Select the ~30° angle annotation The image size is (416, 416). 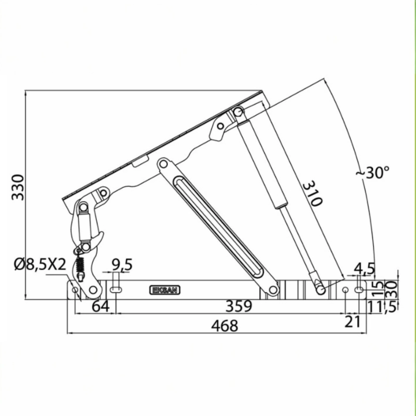click(x=373, y=173)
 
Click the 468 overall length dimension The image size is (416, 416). click(x=224, y=326)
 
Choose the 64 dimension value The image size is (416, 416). click(x=101, y=307)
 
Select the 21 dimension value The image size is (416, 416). click(x=353, y=322)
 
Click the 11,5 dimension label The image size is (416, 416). click(x=382, y=307)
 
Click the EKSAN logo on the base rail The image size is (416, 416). click(x=165, y=290)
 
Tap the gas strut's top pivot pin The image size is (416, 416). click(x=238, y=112)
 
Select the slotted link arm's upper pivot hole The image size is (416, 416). click(x=163, y=164)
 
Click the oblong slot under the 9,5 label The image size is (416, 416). click(x=116, y=290)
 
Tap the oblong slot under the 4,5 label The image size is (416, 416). click(x=359, y=290)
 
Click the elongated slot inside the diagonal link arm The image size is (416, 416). click(x=218, y=225)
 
